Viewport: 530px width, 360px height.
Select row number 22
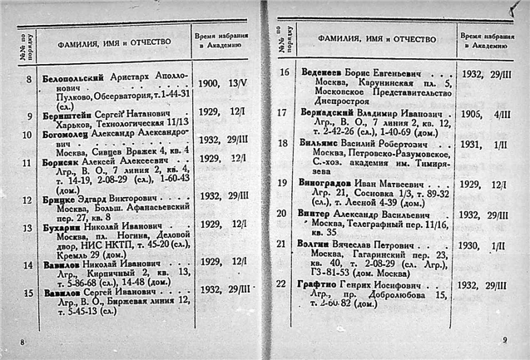283,284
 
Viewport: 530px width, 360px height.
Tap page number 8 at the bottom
23,342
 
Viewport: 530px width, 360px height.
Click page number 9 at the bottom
504,339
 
